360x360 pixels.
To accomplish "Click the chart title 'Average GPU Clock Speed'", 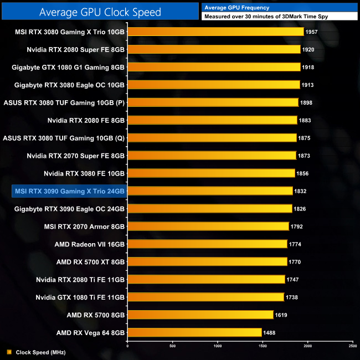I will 100,12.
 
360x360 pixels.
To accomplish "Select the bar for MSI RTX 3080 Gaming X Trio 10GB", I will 215,32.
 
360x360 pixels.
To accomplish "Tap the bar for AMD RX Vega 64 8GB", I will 194,333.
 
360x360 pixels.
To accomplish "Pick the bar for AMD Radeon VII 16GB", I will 207,244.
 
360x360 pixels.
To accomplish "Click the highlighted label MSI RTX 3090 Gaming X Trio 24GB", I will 69,191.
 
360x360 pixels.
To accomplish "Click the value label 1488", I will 269,333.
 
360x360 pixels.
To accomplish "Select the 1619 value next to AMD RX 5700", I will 281,315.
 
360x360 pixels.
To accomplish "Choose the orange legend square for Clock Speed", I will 9,352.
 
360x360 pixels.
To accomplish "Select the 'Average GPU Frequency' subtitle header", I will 236,8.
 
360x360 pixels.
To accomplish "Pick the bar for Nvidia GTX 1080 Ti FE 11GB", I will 205,297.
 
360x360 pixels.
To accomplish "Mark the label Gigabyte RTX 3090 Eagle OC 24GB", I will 69,209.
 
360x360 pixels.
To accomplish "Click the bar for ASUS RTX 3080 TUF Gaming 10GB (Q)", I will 212,138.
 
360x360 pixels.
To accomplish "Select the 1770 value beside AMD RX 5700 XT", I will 295,262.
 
